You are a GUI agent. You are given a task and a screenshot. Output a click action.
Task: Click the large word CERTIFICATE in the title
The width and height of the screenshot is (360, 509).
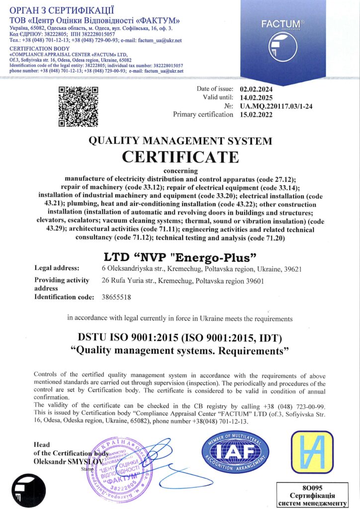(180, 157)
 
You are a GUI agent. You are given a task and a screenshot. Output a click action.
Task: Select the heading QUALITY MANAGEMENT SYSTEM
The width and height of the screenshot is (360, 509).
(180, 141)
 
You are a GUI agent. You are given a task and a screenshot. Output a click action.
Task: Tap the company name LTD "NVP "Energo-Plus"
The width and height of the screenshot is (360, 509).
(180, 257)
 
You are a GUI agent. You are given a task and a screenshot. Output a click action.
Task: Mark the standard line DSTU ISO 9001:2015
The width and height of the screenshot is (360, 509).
(180, 339)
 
